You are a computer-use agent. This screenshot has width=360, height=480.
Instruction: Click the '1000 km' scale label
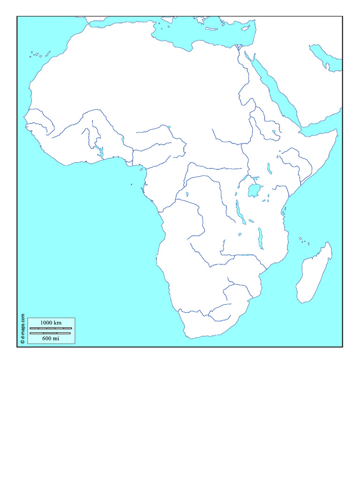click(x=51, y=322)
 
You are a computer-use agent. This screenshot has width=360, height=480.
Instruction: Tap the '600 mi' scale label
click(x=51, y=338)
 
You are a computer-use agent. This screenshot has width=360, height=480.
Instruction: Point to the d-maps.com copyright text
click(x=22, y=330)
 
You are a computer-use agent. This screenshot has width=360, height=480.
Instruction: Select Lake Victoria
click(x=254, y=190)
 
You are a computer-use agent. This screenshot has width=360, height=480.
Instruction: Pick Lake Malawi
click(x=260, y=238)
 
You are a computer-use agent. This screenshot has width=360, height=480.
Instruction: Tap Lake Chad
click(x=168, y=127)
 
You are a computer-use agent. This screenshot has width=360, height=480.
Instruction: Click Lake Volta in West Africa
click(x=100, y=150)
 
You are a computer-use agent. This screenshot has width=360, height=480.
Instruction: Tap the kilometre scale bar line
click(x=51, y=328)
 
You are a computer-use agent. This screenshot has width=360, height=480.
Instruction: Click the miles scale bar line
click(x=51, y=333)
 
